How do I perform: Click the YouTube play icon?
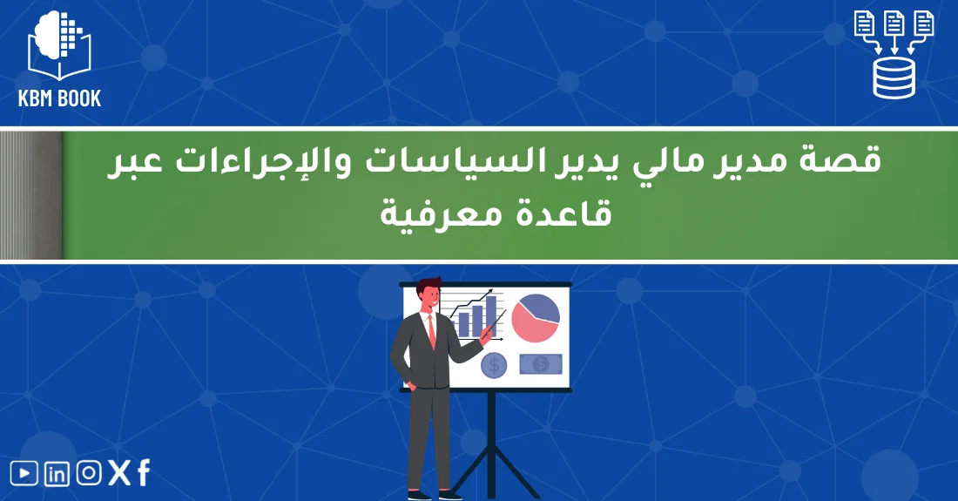click(24, 473)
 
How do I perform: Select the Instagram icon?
click(88, 473)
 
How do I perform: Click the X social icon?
click(118, 473)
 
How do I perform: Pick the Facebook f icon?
click(143, 473)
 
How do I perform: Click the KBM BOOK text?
click(59, 98)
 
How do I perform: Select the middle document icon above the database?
click(894, 24)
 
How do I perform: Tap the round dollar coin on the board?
click(494, 365)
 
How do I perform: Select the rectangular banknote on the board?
click(540, 363)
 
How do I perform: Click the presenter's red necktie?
click(431, 329)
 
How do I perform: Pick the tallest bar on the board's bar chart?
click(491, 315)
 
